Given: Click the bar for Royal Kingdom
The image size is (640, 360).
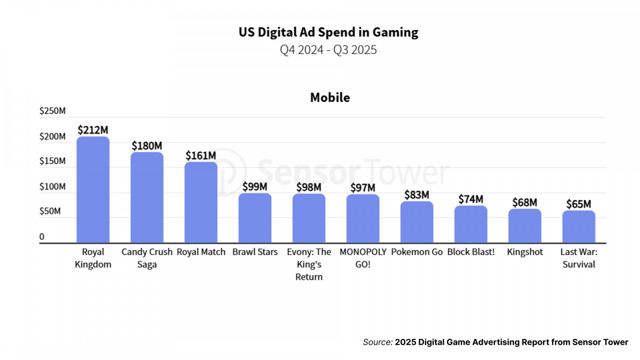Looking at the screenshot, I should tap(93, 190).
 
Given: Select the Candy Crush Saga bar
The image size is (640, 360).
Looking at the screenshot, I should tap(147, 198).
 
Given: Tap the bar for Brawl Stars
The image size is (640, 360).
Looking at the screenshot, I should tap(255, 218).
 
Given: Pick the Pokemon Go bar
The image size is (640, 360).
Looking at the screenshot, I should tap(417, 222).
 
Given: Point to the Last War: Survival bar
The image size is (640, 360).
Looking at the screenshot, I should tap(578, 226).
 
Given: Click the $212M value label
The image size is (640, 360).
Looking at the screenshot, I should tap(93, 130).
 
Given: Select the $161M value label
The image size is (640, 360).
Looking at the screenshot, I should tap(201, 156).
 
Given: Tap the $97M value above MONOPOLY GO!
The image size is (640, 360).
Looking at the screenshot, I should tap(363, 188).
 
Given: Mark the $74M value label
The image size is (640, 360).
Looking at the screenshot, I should tap(471, 199).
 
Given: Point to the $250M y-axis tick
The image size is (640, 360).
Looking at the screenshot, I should tap(52, 111).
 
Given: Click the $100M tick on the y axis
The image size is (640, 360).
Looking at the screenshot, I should tap(52, 186).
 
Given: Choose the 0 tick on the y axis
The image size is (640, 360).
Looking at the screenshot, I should tap(42, 236).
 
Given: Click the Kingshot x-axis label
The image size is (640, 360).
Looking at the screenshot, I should tap(525, 252).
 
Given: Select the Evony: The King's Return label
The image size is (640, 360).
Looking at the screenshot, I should tap(309, 264).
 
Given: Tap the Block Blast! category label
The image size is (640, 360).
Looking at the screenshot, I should tap(471, 252).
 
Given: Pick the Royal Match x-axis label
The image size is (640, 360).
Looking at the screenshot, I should tap(201, 252).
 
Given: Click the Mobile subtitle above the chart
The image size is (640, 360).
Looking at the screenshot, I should tap(330, 98).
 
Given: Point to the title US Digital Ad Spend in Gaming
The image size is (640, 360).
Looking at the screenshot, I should tap(328, 32).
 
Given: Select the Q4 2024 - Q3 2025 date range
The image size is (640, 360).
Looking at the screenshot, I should tap(328, 50).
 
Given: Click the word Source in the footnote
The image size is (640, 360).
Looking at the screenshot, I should tap(377, 342).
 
